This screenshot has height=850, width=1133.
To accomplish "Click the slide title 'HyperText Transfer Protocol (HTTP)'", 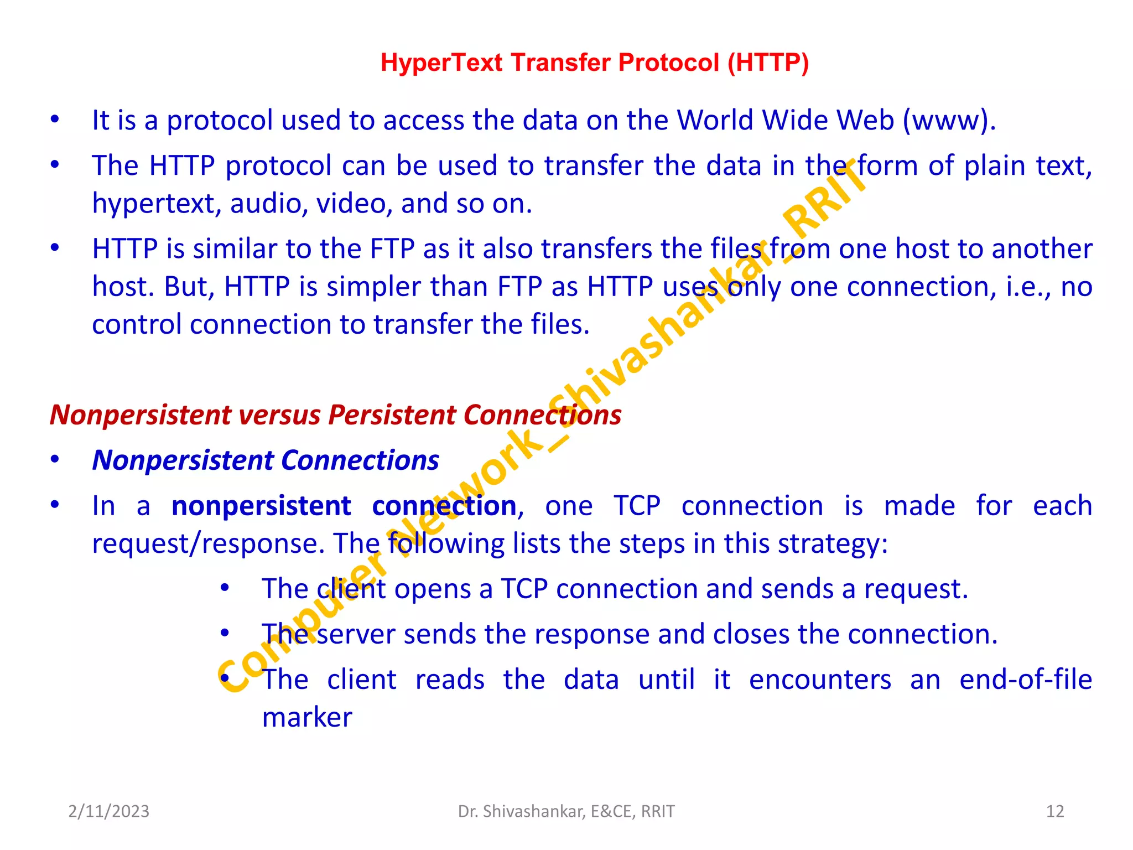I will [x=595, y=63].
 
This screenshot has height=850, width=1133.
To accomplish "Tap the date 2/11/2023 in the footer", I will [x=108, y=811].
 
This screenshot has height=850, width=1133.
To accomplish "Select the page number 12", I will [x=1055, y=811].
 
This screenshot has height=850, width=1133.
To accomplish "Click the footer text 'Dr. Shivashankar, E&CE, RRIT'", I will [x=566, y=811].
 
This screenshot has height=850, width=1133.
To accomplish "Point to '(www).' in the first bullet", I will [x=949, y=121].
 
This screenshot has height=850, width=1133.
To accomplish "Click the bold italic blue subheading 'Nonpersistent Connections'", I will [x=266, y=460].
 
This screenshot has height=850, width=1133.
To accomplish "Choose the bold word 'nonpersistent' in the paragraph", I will [x=261, y=506].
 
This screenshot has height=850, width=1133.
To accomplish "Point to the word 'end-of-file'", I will [x=1026, y=680].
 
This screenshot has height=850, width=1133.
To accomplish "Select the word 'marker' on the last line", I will [x=307, y=718].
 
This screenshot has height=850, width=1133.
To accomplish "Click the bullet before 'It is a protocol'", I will [x=54, y=120].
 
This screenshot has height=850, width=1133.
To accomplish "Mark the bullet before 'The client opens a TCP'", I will [x=225, y=588].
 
